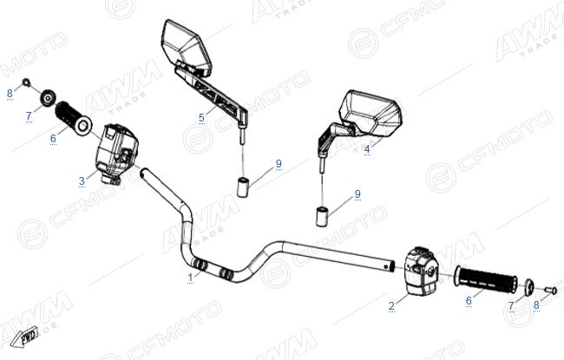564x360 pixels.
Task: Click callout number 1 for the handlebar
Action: [x=190, y=278]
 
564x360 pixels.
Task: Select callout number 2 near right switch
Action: [x=391, y=306]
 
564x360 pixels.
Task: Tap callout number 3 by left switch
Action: [x=82, y=181]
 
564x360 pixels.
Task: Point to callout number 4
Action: [x=367, y=149]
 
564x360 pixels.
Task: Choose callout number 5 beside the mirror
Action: [x=201, y=118]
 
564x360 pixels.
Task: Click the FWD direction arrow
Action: [x=24, y=337]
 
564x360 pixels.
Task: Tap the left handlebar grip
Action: [x=74, y=118]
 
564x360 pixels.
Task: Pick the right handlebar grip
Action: [x=486, y=278]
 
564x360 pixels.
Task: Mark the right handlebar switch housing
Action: [x=422, y=270]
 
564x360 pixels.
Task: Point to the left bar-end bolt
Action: [x=26, y=82]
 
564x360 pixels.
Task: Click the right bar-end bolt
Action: [x=551, y=290]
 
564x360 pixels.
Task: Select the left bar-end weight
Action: [x=48, y=97]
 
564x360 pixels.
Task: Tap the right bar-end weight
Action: [x=528, y=287]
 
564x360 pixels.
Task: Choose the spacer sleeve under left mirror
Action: [x=243, y=187]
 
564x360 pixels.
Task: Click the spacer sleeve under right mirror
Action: [x=322, y=217]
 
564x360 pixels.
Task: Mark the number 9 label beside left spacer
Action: [x=279, y=164]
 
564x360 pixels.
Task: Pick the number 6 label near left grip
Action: [x=53, y=139]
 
